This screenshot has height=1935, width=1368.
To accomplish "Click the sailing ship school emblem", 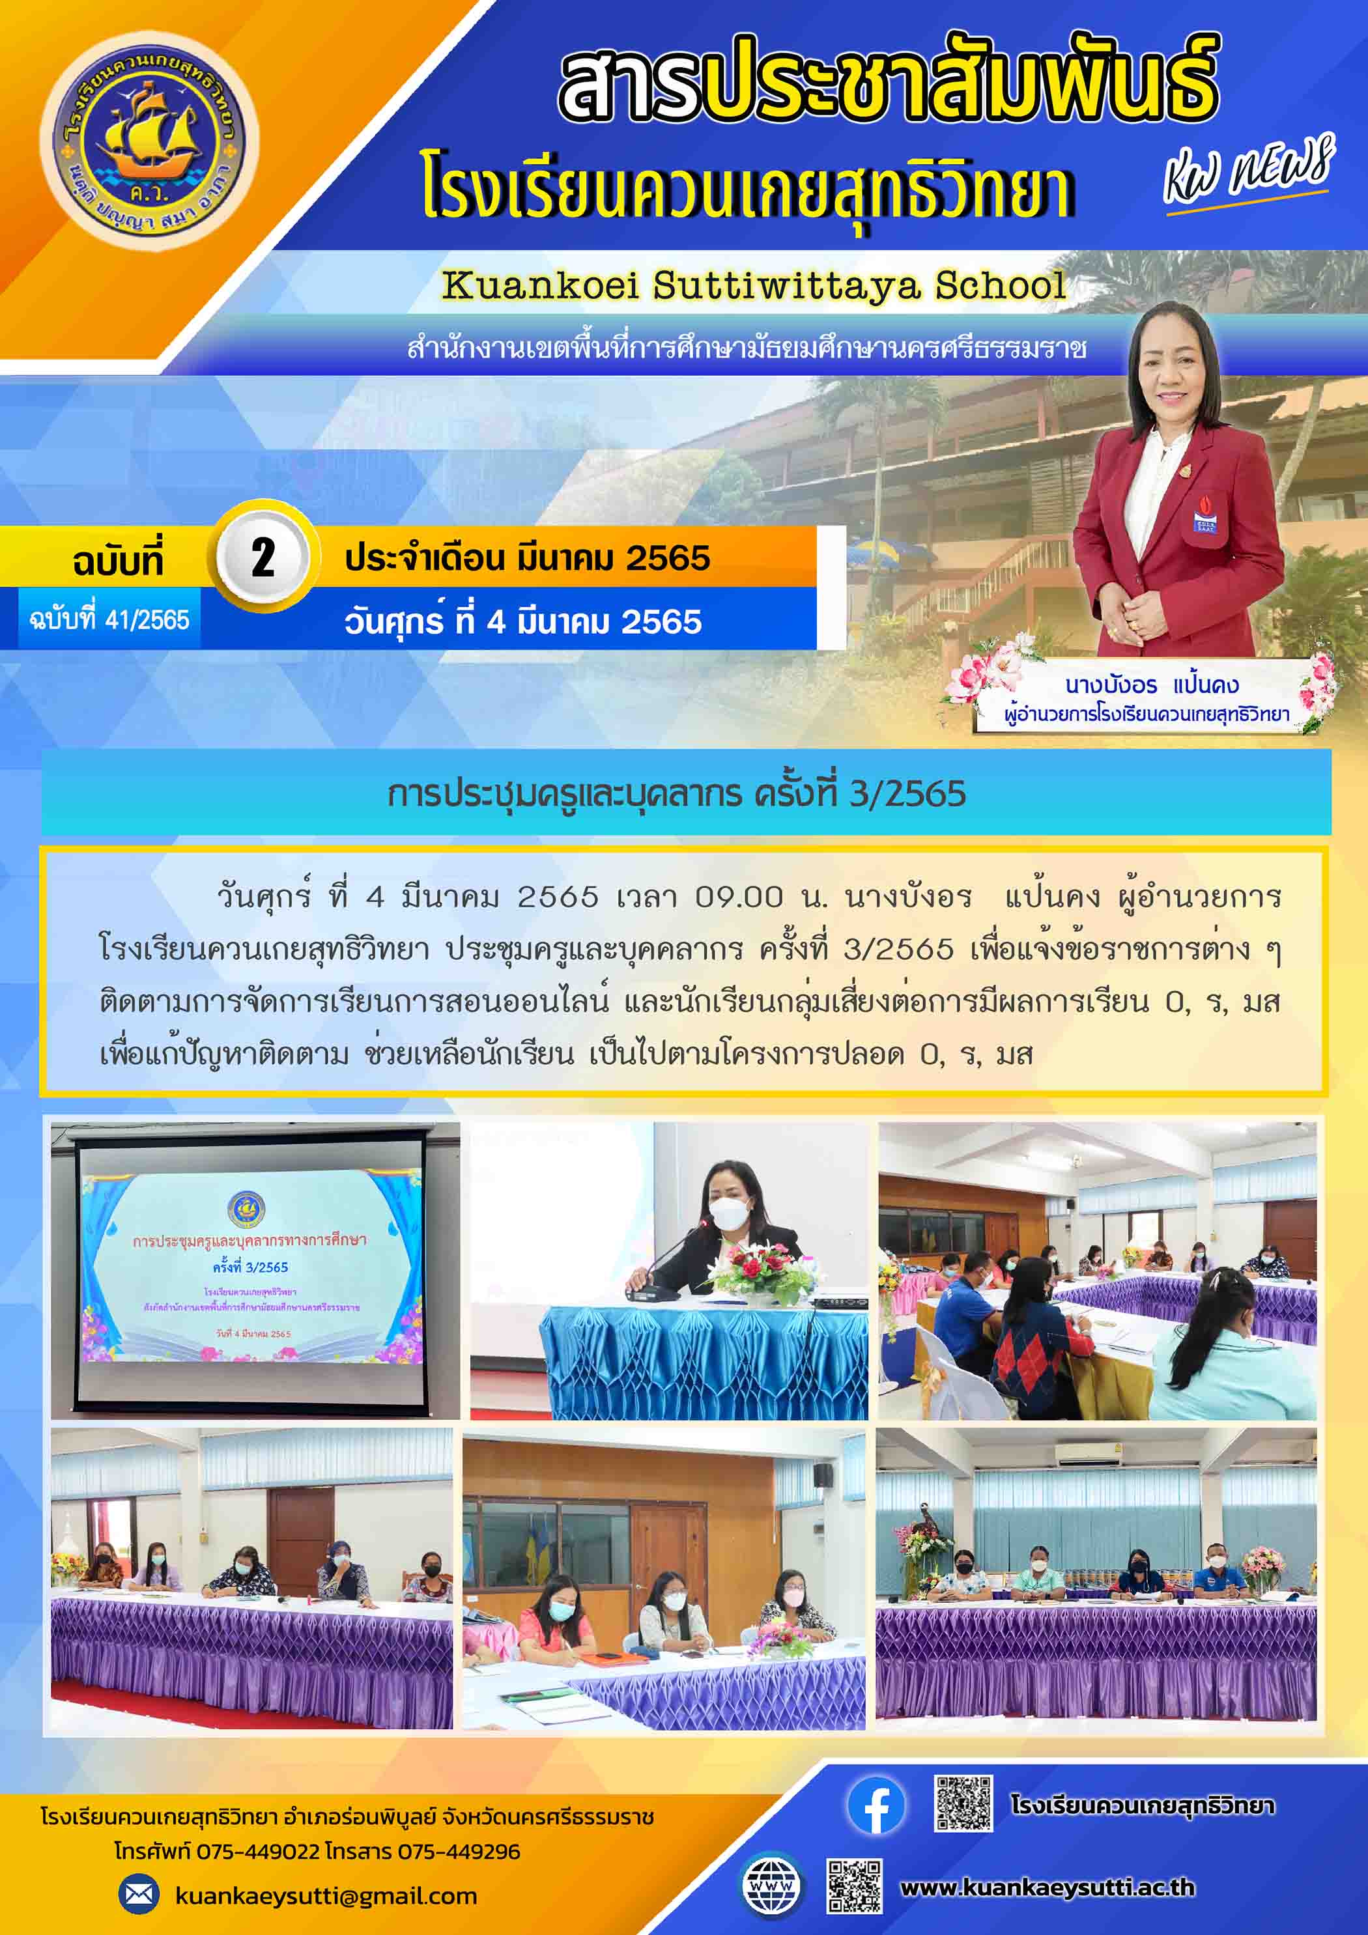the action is point(149,141).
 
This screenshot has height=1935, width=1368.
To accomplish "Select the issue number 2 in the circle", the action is point(263,557).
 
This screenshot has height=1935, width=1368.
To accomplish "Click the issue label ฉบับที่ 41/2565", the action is point(109,620).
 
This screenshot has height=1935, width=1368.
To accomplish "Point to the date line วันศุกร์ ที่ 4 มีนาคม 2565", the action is point(522,622).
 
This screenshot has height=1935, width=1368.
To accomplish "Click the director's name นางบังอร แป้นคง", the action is point(1151,685).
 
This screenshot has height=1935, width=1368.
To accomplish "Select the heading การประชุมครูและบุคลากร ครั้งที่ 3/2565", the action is point(676,794).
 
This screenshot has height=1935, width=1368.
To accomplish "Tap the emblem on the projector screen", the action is point(246,1210).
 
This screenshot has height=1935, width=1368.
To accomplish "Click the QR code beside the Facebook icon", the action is point(963,1803).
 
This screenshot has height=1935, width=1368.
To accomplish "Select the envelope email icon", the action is point(138,1895).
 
